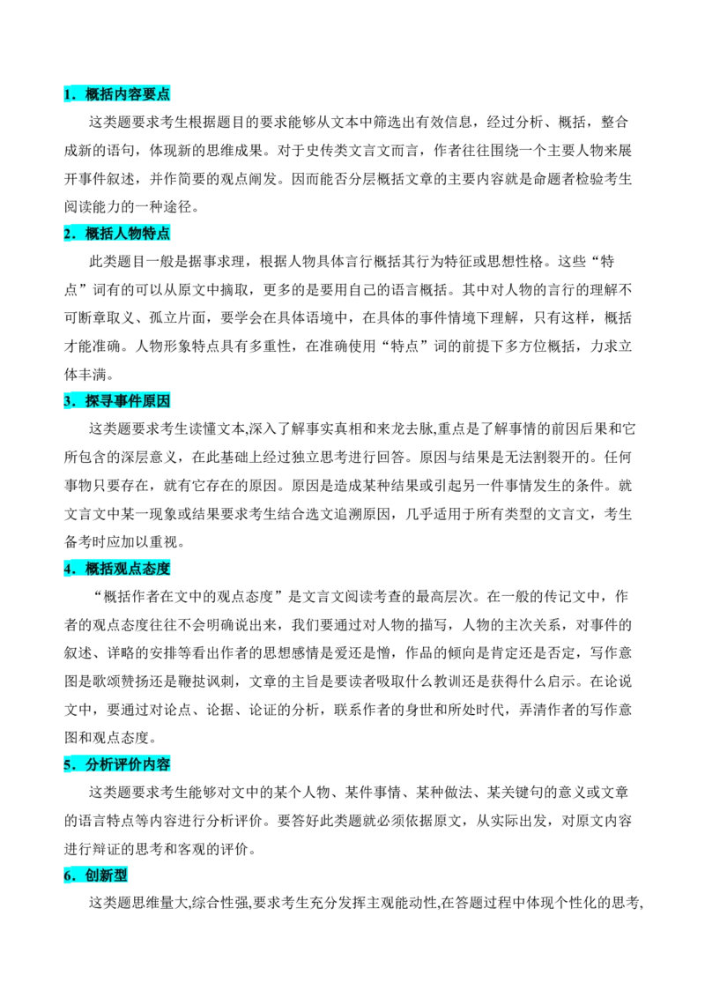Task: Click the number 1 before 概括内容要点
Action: coord(67,94)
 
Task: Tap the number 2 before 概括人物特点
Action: coord(67,235)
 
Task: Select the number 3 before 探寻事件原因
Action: coord(67,402)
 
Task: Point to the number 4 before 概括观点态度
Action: coord(67,570)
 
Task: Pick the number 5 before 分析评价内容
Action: coord(67,765)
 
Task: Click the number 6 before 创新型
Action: coord(67,876)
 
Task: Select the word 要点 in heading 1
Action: coord(156,94)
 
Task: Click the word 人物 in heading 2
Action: coord(128,235)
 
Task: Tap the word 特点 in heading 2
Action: coord(156,235)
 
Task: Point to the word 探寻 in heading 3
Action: coord(100,402)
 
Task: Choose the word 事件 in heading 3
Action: coord(128,402)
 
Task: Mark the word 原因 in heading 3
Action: coord(156,402)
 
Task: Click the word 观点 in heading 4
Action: coord(128,570)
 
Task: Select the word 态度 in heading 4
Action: coord(156,570)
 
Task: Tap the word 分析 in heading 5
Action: coord(100,765)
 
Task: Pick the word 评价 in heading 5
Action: coord(128,765)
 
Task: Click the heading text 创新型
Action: coord(107,876)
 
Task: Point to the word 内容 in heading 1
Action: coord(128,94)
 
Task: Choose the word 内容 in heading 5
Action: coord(156,765)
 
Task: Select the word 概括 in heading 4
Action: coord(100,570)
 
